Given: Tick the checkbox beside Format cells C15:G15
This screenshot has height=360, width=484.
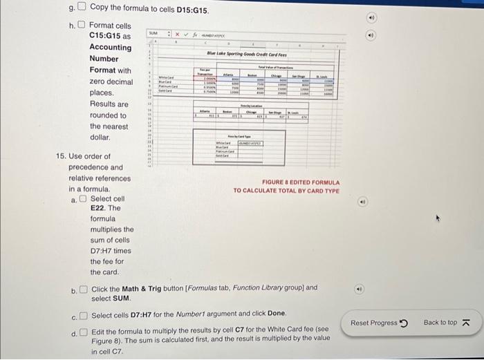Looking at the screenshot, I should (x=82, y=26).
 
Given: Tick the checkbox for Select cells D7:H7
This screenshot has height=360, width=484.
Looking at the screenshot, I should (x=84, y=316).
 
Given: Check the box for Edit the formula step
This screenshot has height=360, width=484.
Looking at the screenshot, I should (x=84, y=332).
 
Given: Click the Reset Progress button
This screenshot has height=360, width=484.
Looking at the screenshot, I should (x=380, y=323).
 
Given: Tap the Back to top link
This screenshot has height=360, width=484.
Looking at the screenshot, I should (x=446, y=323).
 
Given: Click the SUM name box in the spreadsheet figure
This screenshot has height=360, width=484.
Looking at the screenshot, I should (x=154, y=33).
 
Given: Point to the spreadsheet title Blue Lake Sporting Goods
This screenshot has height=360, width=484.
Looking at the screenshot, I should (x=247, y=53).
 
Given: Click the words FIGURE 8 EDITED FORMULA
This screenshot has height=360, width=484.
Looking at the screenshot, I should (x=286, y=182).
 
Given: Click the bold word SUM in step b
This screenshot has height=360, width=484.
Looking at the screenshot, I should (x=122, y=299).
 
